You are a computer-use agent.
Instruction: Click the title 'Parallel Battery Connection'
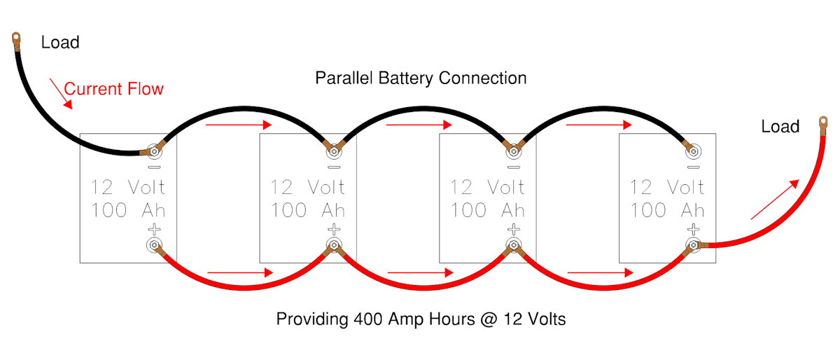(x=421, y=78)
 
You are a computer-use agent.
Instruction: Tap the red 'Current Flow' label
(x=113, y=89)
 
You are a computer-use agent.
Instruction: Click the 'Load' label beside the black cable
(x=60, y=43)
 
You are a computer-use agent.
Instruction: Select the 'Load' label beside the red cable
(x=780, y=127)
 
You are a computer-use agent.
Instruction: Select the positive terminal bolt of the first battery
(x=154, y=244)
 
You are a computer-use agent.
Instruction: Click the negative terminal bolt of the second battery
(x=334, y=150)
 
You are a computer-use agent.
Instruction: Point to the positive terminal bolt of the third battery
(x=514, y=244)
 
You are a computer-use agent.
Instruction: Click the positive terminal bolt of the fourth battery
(x=694, y=244)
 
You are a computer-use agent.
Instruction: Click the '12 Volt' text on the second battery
(x=307, y=188)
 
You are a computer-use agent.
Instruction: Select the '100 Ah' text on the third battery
(x=487, y=209)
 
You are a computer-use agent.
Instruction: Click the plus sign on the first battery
(x=154, y=229)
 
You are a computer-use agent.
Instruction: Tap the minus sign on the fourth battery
(x=694, y=167)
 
